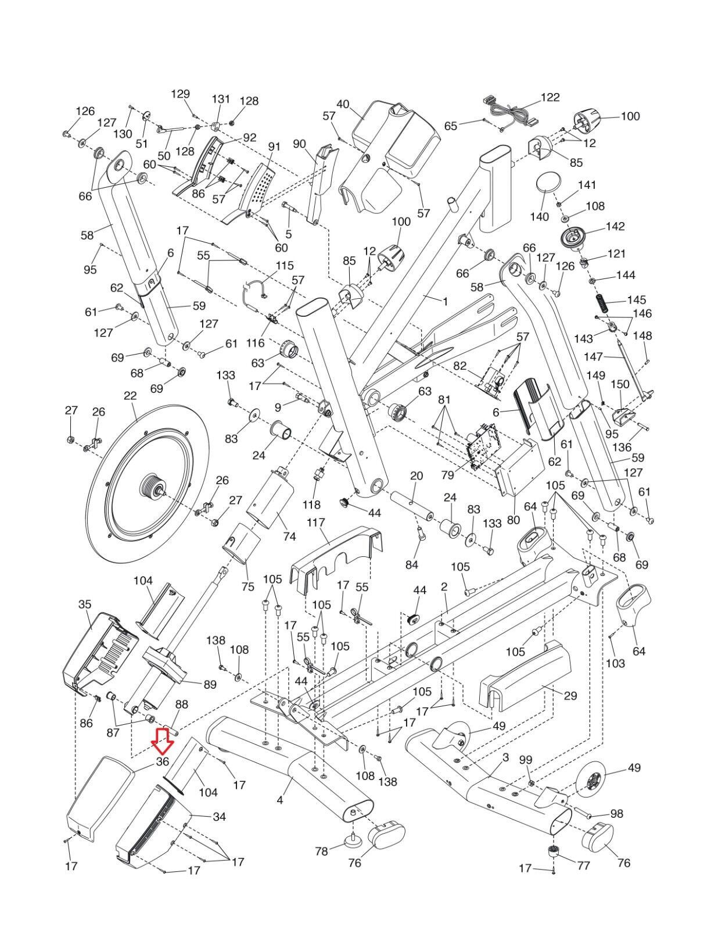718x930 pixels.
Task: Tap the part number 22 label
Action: pos(130,395)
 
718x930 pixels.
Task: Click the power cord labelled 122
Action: pos(508,111)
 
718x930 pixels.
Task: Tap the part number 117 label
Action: pos(316,523)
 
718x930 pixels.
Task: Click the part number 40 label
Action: pos(343,105)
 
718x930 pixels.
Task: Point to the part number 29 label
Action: pos(570,695)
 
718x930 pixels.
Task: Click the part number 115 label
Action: pos(284,265)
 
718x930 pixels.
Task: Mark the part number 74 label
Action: pos(289,536)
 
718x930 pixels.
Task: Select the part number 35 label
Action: pos(85,604)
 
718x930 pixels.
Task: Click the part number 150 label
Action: pos(620,384)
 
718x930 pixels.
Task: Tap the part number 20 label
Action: pos(417,476)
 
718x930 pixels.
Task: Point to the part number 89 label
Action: pos(210,685)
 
